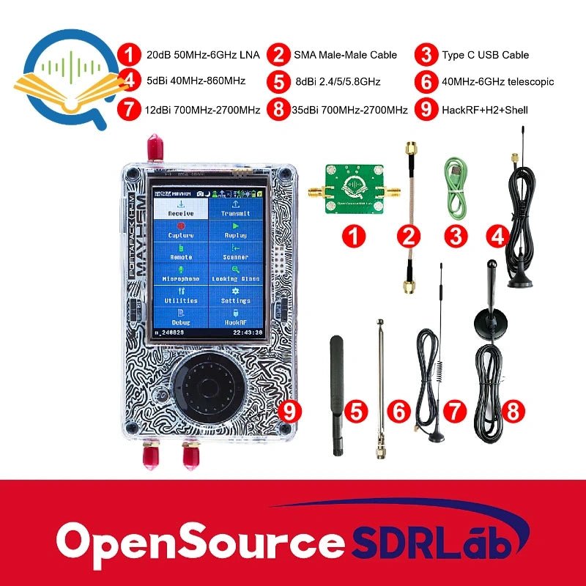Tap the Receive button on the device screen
pos(181,209)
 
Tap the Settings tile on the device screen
pos(235,296)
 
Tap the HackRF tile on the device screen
pos(235,317)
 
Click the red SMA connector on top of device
pos(154,148)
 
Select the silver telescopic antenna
pos(381,388)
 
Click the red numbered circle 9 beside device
pos(291,412)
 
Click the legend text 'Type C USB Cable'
pos(485,55)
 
